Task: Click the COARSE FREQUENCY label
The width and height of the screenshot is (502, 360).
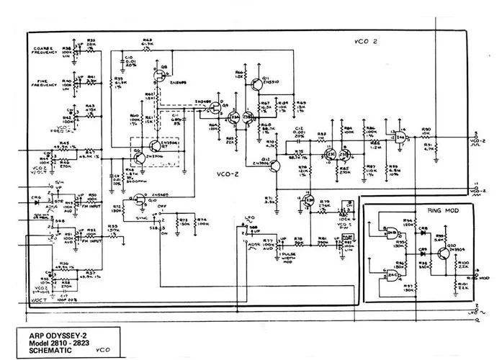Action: (45, 51)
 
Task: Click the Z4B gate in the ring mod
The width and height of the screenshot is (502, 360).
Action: (393, 234)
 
